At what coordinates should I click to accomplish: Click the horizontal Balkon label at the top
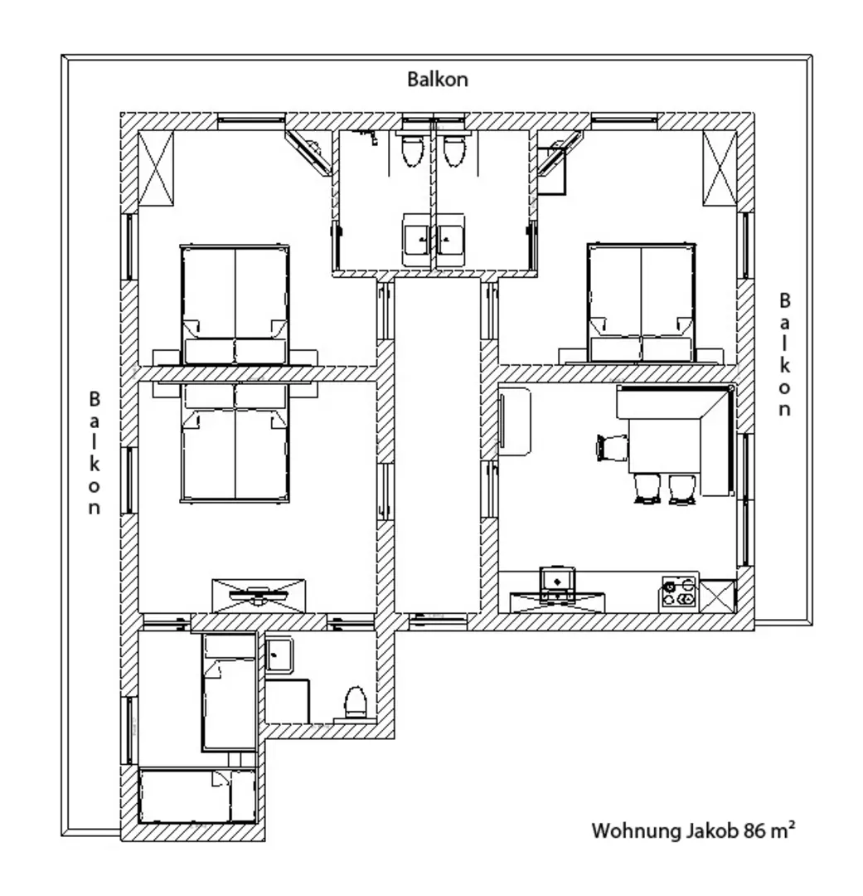438,79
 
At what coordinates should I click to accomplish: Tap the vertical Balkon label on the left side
95,453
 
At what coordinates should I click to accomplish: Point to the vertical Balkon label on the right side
785,354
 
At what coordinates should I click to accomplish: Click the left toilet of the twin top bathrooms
412,148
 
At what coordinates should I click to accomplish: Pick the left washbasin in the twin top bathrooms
417,239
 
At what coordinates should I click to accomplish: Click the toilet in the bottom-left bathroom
356,703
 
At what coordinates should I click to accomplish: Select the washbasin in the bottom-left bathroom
279,655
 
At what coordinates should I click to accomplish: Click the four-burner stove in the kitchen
678,592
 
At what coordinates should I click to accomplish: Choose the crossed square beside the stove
717,597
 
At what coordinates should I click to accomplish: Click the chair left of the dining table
611,447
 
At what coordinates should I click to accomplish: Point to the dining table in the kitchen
664,446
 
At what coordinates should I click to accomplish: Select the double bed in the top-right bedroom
642,303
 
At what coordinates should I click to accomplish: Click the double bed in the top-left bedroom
235,304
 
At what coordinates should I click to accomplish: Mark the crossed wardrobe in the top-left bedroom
156,168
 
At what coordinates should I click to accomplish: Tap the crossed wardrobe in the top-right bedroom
720,168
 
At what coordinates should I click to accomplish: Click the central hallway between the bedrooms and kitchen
438,446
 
